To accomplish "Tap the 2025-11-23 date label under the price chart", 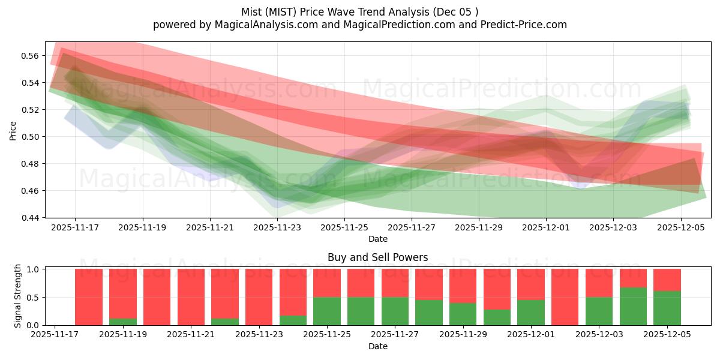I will (x=277, y=228).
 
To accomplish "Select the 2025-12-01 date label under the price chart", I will (x=546, y=228).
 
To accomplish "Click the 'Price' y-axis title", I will (x=13, y=130).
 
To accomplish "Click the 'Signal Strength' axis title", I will (x=18, y=296).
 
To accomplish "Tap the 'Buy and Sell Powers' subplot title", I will (x=377, y=257).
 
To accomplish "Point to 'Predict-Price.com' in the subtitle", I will (x=520, y=25).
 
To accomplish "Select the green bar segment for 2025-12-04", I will (x=633, y=307).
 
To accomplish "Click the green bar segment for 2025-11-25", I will (x=327, y=311).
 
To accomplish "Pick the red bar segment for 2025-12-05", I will (x=667, y=280).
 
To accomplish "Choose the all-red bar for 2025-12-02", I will (x=565, y=297).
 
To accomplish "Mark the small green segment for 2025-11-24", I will (x=293, y=320).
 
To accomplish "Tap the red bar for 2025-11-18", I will (x=89, y=297).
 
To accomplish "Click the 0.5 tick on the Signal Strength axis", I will (x=35, y=298).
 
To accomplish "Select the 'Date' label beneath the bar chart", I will (x=377, y=346).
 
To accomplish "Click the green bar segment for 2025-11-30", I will (x=497, y=317).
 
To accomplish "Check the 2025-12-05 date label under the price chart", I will (x=680, y=228).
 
